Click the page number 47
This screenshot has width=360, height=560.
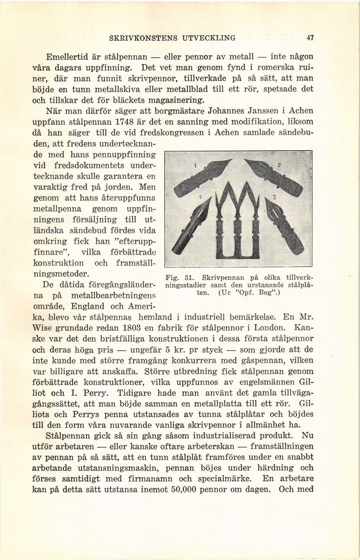click(310, 37)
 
